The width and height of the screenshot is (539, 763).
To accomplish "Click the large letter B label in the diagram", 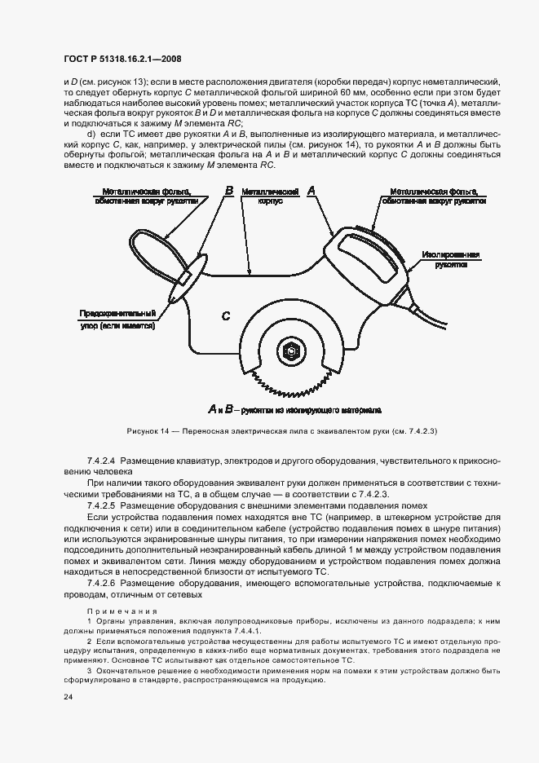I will [229, 191].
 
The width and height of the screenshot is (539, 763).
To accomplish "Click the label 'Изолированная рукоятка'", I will [451, 259].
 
